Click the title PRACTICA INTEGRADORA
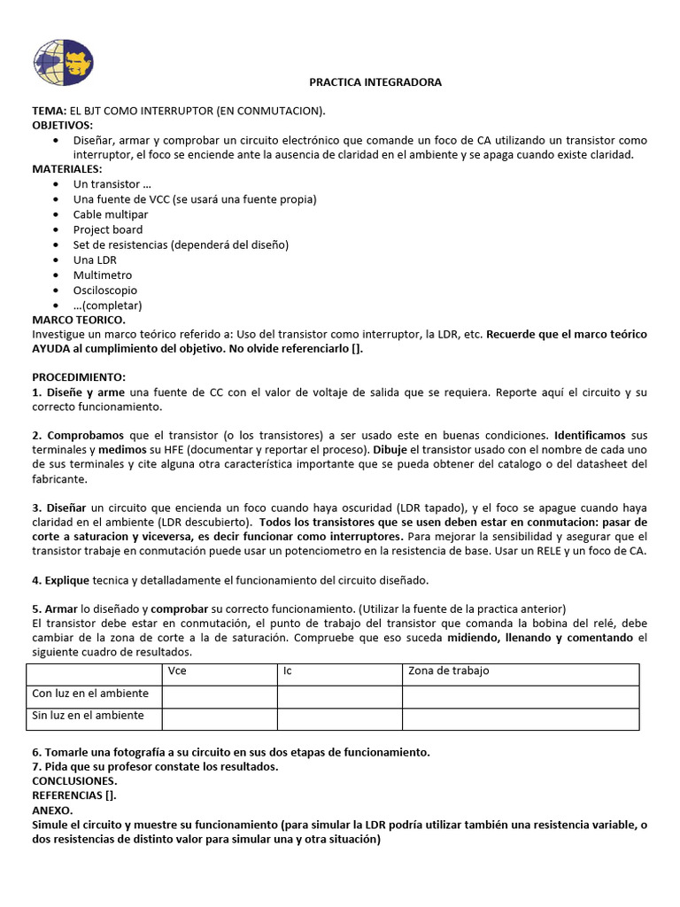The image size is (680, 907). click(375, 82)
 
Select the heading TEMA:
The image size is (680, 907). click(50, 111)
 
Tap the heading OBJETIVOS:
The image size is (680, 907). click(62, 126)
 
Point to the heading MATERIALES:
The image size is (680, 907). click(67, 169)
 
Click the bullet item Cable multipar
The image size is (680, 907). click(111, 214)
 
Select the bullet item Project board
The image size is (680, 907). click(108, 229)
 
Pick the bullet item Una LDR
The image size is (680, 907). click(95, 260)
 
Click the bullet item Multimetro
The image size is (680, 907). click(103, 275)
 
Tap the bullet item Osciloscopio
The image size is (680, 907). click(105, 290)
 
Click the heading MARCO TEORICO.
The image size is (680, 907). click(79, 320)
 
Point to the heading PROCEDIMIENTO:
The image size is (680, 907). click(79, 377)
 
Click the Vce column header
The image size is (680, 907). click(177, 671)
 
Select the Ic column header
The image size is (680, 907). click(288, 671)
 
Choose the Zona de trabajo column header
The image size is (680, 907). click(448, 671)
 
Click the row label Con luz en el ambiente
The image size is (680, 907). click(90, 694)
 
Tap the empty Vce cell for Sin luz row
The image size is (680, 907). click(219, 717)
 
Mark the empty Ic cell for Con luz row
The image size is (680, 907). click(339, 695)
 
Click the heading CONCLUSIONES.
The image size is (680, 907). click(74, 781)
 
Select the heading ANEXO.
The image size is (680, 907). click(53, 810)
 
